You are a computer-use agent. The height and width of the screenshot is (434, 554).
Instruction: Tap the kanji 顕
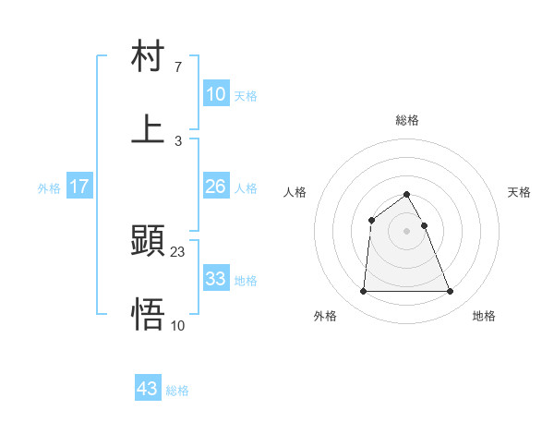pos(148,243)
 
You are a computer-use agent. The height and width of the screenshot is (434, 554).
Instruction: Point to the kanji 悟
pos(148,315)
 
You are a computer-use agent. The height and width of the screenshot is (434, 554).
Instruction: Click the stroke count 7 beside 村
pos(177,68)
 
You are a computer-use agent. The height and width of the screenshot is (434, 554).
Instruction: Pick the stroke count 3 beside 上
pos(177,140)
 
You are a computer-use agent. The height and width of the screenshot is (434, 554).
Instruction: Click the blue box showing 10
pos(216,94)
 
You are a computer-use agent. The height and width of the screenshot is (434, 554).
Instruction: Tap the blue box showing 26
pos(216,187)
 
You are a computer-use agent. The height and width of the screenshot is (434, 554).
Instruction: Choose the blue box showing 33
pos(216,279)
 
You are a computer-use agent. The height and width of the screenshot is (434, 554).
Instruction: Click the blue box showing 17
pos(79,187)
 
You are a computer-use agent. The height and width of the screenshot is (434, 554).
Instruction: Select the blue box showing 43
pos(148,389)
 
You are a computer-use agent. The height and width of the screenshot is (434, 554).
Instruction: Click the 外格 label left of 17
pos(49,188)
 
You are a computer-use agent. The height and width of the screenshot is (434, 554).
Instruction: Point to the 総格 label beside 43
pos(177,391)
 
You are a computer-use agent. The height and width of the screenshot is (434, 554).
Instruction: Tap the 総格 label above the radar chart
pos(407,120)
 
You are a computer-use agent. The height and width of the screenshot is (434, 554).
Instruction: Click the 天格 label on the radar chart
pos(519,192)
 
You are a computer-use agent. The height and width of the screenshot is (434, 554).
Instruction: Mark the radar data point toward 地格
pos(450,292)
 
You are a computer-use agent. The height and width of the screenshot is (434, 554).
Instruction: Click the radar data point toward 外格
pos(363,292)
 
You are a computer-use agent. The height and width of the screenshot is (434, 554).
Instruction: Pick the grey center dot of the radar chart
pos(406,231)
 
